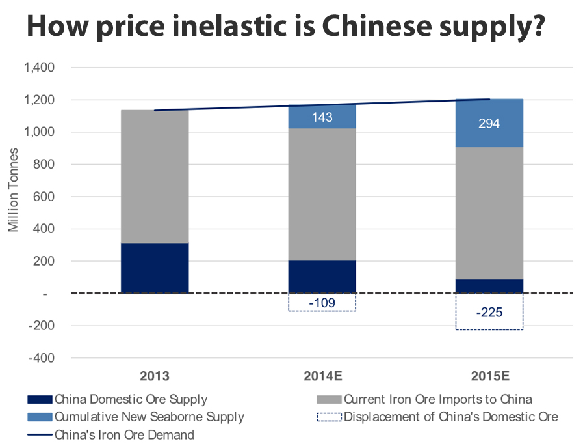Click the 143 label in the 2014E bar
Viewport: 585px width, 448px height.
(322, 117)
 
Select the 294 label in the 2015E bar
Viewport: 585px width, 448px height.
(489, 123)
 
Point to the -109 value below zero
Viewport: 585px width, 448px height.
(322, 303)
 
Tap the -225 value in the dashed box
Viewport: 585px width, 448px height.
(489, 313)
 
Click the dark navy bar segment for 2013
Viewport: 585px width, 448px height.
(155, 268)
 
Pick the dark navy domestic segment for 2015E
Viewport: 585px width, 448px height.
(489, 287)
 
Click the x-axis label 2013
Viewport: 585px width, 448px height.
(155, 376)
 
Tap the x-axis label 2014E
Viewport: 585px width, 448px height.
(322, 376)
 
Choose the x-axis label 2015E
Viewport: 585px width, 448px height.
(489, 376)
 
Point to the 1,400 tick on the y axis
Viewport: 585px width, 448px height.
(40, 68)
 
